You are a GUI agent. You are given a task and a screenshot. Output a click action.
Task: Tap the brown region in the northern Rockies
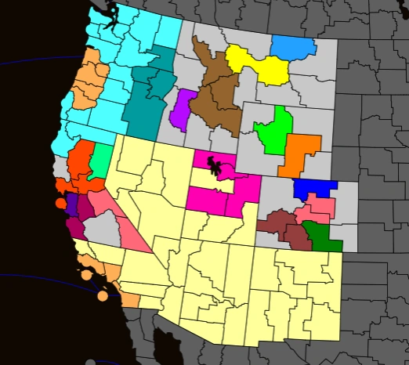[216, 98]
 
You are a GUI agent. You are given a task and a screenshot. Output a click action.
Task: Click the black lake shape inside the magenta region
[213, 167]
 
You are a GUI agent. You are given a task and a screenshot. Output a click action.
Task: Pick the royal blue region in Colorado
[313, 189]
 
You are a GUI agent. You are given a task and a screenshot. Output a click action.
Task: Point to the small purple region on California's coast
[71, 206]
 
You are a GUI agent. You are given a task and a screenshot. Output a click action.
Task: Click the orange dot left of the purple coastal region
[60, 204]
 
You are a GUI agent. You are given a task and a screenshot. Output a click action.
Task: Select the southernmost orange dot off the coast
[103, 296]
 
